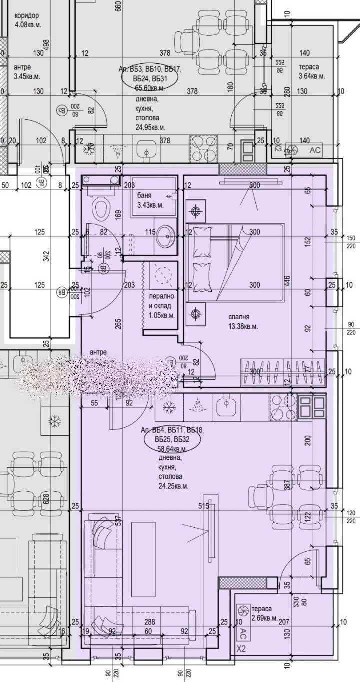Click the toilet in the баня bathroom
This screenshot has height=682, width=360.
101,208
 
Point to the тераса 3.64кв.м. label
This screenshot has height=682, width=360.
312,71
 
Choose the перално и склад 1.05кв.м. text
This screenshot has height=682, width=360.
162,305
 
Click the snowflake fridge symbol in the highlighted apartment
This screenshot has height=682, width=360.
169,408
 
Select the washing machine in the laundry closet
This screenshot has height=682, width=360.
161,275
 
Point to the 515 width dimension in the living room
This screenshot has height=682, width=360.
203,506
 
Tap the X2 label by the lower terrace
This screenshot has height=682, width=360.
241,649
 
